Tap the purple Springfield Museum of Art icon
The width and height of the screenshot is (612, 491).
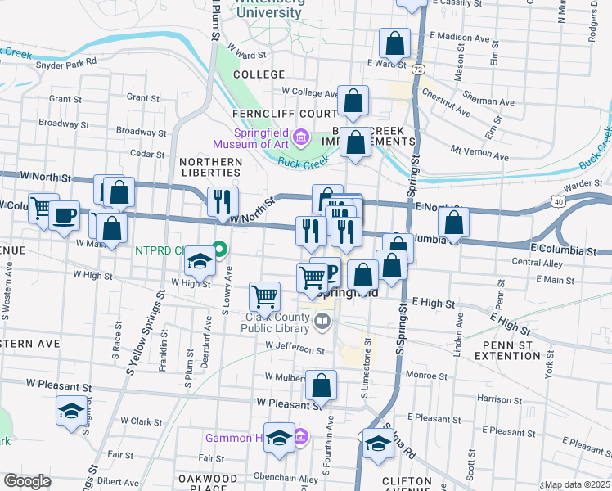coord(301,135)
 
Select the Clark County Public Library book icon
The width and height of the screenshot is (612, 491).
coord(322,322)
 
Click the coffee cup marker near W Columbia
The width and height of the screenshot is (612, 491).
coord(65,217)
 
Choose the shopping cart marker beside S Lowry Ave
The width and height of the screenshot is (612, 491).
coord(264,296)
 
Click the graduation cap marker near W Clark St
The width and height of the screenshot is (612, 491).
coord(71,411)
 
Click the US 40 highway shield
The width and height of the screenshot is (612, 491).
coord(557,200)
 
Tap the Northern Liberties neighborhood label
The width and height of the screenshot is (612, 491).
coord(211,169)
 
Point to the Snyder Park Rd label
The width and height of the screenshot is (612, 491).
coord(66,61)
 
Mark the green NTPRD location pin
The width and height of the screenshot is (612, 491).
coord(220,246)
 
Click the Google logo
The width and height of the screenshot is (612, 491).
coord(27,481)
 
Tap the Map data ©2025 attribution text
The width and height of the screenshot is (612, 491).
coord(577,484)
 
